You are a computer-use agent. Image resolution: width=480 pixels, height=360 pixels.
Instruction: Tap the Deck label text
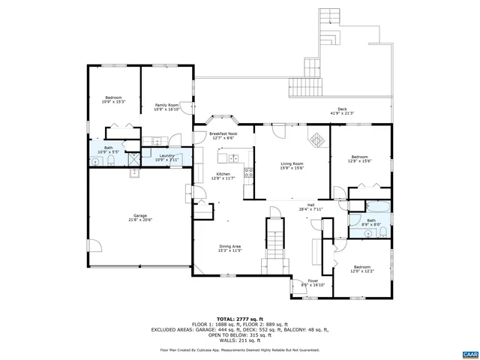pos(342,109)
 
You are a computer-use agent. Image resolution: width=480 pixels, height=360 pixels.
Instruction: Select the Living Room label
pos(292,163)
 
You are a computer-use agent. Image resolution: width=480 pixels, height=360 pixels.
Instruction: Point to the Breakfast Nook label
pos(223,133)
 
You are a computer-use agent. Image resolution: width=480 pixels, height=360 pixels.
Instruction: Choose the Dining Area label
pos(229,247)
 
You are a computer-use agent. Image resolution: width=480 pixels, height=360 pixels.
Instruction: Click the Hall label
pos(310,205)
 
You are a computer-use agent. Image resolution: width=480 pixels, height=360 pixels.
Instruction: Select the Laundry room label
pos(166,156)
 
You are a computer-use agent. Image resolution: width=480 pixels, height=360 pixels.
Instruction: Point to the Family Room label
pos(166,105)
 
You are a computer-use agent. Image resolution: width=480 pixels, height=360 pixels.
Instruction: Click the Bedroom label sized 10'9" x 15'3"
pos(113,98)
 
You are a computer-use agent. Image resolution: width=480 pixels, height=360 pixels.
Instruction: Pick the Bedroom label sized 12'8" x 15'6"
pos(359,157)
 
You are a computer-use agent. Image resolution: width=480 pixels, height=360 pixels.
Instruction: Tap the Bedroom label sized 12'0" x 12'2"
pos(362,267)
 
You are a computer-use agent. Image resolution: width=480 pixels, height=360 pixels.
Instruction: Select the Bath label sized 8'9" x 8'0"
pos(371,220)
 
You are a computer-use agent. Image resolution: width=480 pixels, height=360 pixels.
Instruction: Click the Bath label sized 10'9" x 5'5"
pos(109,148)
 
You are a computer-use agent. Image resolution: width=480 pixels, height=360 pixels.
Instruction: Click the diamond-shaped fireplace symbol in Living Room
pos(316,139)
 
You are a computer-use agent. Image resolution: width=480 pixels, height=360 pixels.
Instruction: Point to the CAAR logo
pos(469,353)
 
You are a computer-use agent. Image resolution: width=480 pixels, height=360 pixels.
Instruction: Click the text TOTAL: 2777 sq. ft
pos(239,319)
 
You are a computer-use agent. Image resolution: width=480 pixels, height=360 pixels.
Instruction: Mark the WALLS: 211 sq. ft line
pos(239,340)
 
